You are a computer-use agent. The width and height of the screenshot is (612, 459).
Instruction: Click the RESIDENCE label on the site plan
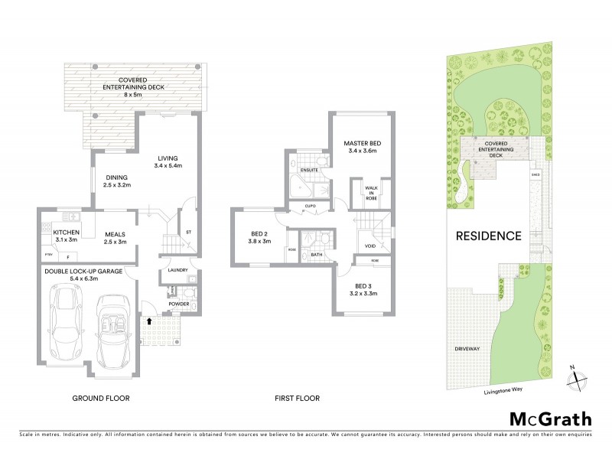tap(490, 236)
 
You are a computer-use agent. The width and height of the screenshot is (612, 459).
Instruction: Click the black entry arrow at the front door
tap(148, 322)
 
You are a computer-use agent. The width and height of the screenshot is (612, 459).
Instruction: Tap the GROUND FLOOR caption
tap(100, 399)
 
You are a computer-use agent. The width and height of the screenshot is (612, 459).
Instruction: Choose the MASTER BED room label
tap(362, 144)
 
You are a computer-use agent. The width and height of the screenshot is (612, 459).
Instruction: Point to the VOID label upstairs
tap(369, 246)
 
